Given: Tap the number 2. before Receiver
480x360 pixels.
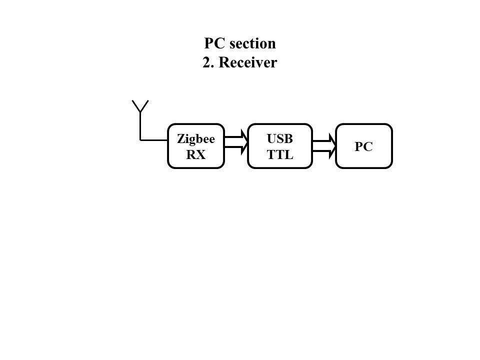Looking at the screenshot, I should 208,63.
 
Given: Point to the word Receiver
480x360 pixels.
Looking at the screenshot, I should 247,63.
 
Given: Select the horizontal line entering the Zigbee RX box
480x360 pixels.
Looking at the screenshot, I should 154,140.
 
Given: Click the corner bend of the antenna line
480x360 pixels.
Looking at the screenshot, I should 140,140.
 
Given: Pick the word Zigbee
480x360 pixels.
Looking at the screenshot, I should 195,139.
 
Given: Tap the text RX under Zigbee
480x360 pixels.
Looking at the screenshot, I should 195,154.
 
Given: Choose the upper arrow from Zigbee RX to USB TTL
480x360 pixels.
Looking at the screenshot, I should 236,137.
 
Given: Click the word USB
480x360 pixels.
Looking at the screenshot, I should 279,138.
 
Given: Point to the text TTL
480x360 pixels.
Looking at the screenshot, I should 279,154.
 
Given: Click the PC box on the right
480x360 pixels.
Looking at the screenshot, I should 363,146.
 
